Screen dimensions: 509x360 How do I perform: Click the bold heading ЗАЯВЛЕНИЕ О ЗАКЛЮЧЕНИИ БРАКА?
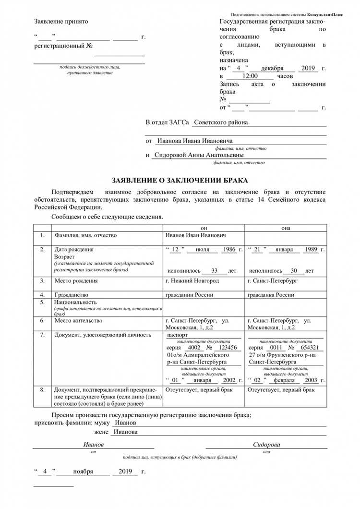(180, 181)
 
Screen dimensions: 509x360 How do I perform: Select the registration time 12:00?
(250, 76)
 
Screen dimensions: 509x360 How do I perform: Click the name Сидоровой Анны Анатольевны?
(199, 156)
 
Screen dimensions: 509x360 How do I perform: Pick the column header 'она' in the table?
(286, 227)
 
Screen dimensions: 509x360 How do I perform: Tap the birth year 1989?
(311, 250)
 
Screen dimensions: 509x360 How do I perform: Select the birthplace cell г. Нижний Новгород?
(192, 280)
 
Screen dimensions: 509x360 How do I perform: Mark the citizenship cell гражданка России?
(271, 295)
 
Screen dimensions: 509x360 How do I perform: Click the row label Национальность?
(75, 303)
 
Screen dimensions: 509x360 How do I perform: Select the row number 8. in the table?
(42, 390)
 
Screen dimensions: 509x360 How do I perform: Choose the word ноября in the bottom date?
(83, 472)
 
